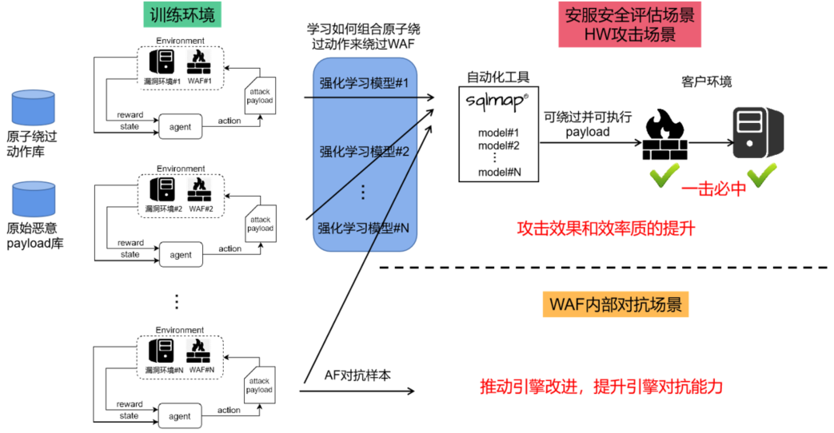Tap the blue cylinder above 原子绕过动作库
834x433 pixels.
pyautogui.click(x=31, y=107)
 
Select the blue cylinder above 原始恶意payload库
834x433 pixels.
pyautogui.click(x=31, y=197)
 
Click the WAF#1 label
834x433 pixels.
pyautogui.click(x=198, y=81)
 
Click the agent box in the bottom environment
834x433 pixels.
pyautogui.click(x=180, y=415)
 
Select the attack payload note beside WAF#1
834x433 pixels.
pyautogui.click(x=260, y=96)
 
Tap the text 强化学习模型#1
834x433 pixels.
pyautogui.click(x=364, y=82)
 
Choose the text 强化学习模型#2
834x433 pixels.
pyautogui.click(x=364, y=151)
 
